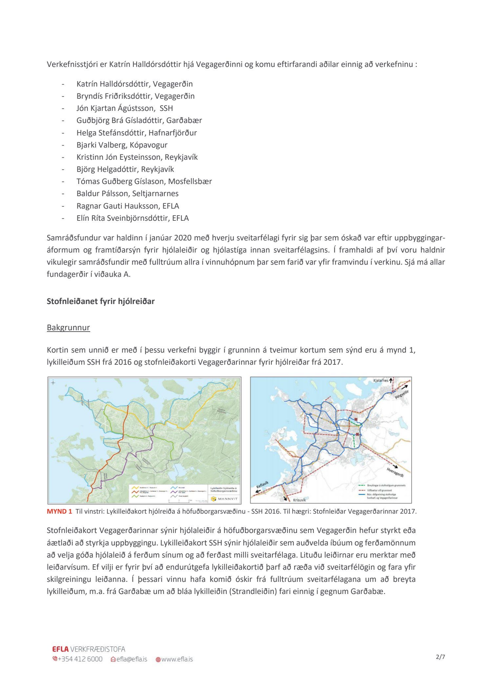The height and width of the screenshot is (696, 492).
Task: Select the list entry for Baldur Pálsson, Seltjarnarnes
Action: click(127, 194)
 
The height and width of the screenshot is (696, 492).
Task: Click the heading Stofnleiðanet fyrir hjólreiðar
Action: click(100, 301)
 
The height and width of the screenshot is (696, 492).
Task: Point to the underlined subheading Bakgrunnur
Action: click(68, 327)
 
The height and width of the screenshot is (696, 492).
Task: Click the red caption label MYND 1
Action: click(59, 511)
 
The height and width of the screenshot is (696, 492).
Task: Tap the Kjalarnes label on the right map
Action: click(380, 381)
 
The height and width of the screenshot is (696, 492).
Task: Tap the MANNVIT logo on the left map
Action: click(226, 499)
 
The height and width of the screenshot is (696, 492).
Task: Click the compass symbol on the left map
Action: click(53, 382)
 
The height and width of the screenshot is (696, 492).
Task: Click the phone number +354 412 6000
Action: click(80, 659)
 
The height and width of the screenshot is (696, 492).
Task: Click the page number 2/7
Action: click(440, 657)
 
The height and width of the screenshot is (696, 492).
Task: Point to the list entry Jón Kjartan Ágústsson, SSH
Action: click(124, 108)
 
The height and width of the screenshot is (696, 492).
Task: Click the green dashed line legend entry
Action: click(382, 485)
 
